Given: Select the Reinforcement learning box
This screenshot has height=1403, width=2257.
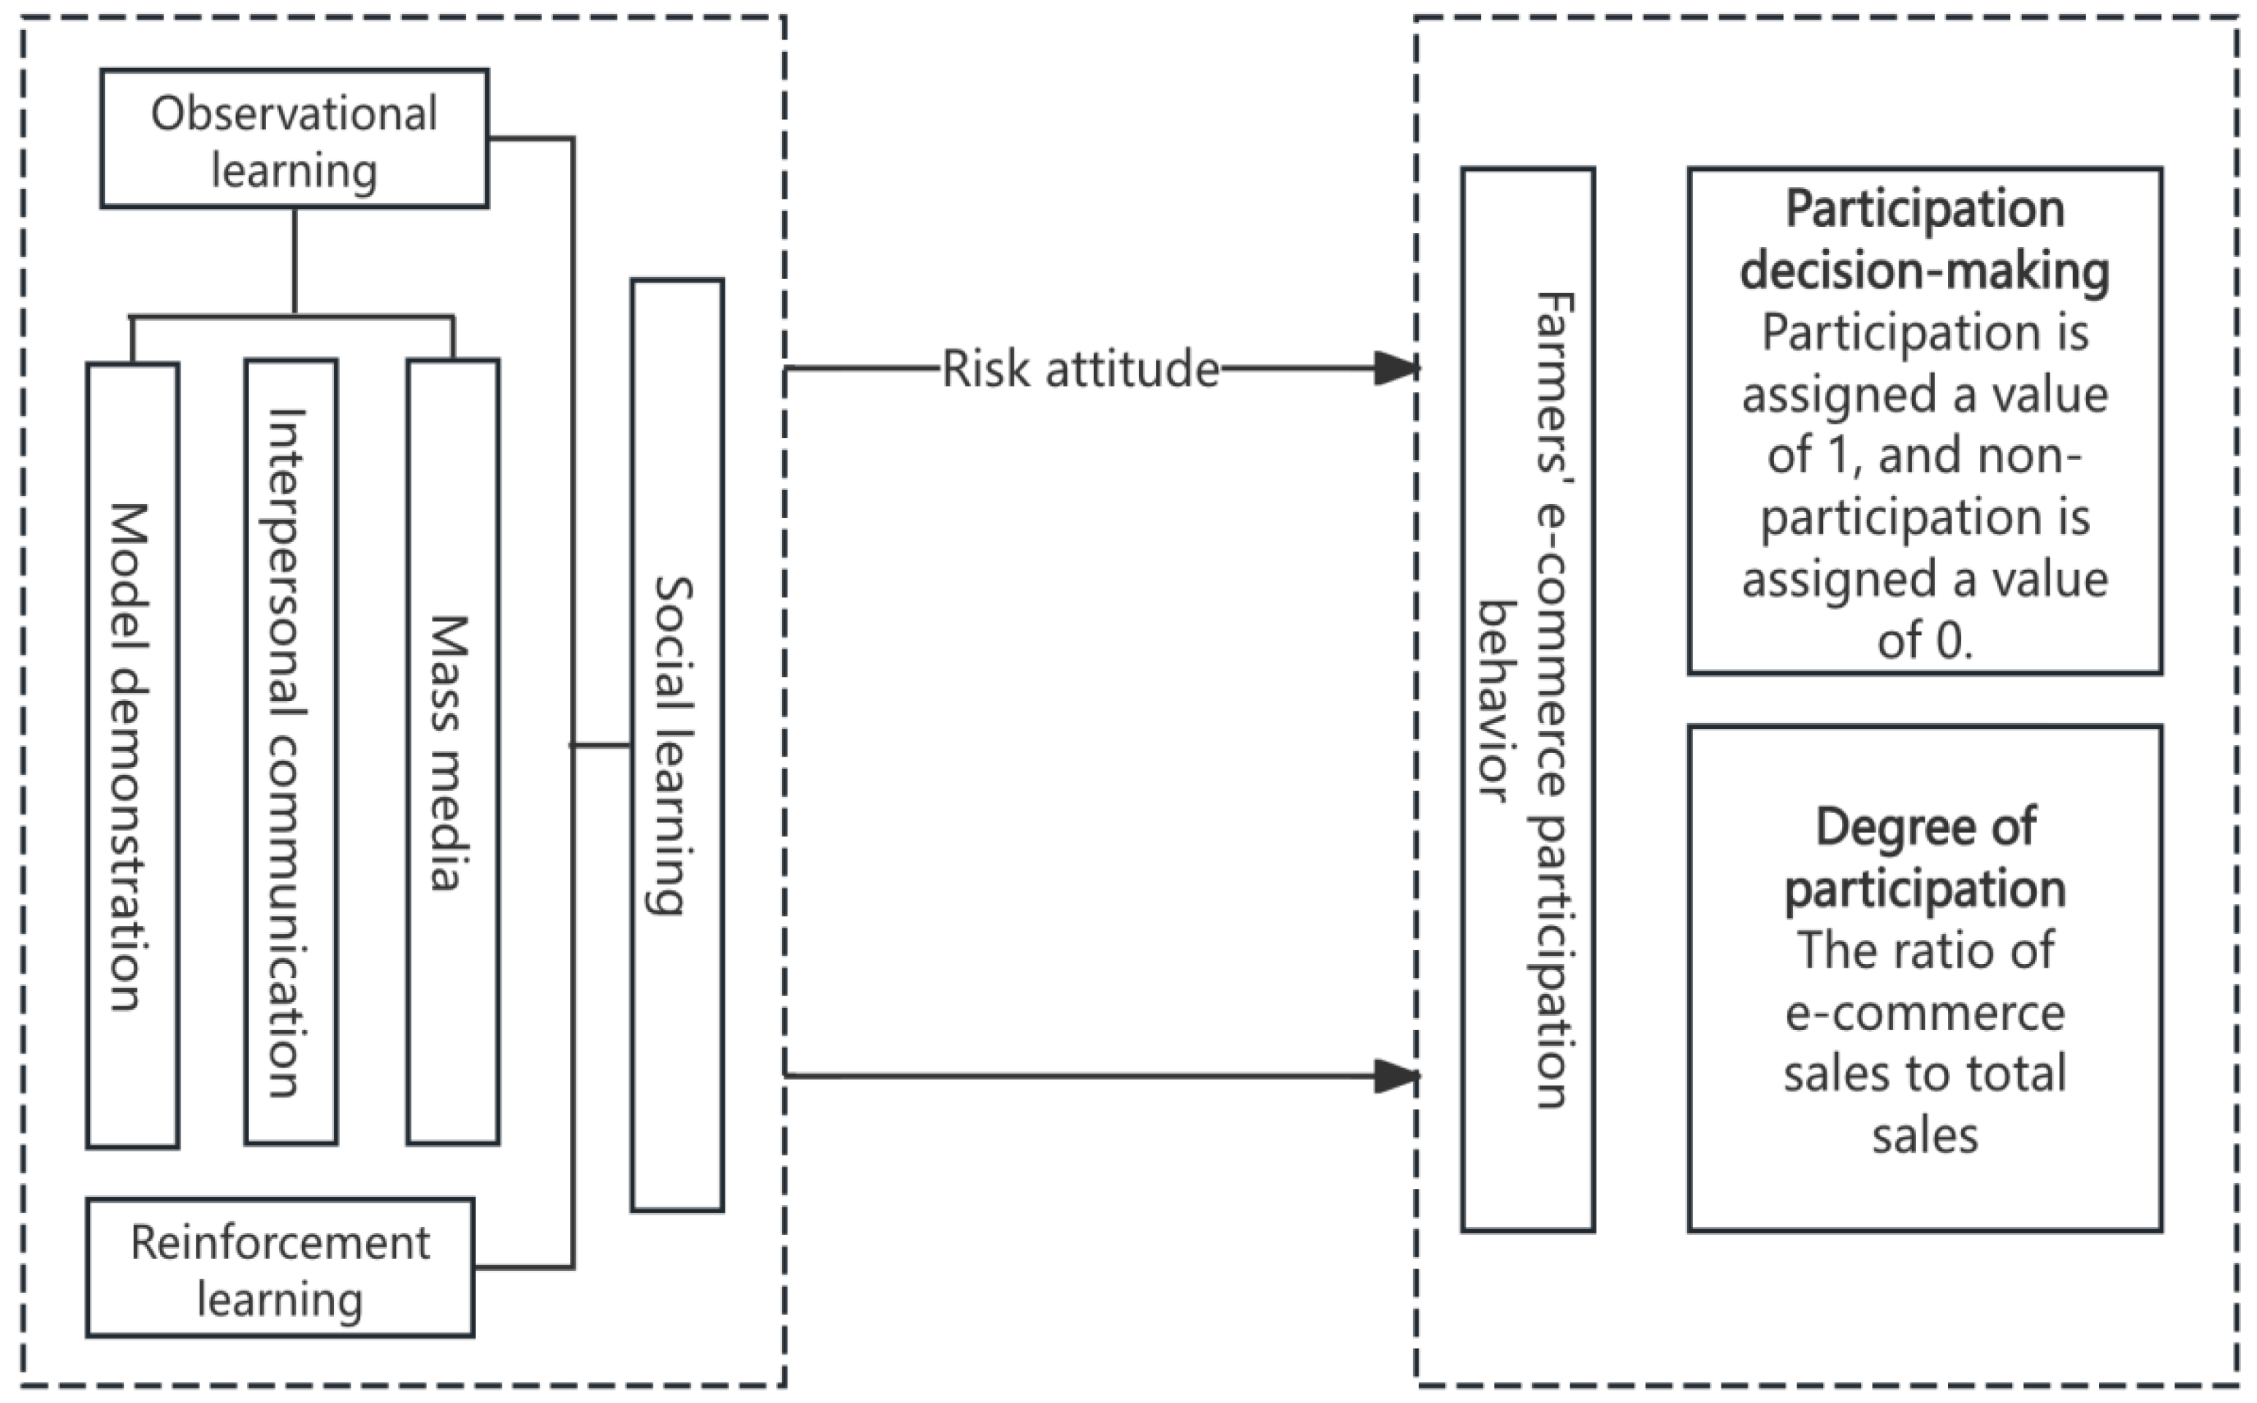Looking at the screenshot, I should point(281,1268).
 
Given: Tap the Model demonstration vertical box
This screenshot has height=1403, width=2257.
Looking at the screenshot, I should point(133,755).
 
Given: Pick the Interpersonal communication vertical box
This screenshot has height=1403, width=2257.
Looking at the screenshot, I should point(291,752).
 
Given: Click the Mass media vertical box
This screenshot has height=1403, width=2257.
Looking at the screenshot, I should point(453,752).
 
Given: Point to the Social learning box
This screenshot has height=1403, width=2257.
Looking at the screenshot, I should point(677,745).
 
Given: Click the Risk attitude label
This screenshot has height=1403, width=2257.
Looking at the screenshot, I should point(1080,370).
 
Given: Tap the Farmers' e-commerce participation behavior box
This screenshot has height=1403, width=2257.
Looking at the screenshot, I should point(1528,700).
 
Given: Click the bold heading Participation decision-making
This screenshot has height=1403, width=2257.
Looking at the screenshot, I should point(1924,240).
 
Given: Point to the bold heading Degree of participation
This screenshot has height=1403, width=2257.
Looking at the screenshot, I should point(1924,857).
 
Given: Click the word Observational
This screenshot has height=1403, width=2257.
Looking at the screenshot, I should point(294,113).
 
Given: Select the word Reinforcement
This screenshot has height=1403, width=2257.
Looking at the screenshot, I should point(281,1242).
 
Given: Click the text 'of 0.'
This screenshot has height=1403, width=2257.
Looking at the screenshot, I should point(1924,641).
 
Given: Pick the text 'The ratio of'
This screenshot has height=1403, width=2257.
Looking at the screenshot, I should point(1924,950).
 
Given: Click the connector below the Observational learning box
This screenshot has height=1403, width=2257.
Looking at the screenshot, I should point(294,260).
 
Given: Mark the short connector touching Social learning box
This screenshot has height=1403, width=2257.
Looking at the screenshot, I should point(601,745).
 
